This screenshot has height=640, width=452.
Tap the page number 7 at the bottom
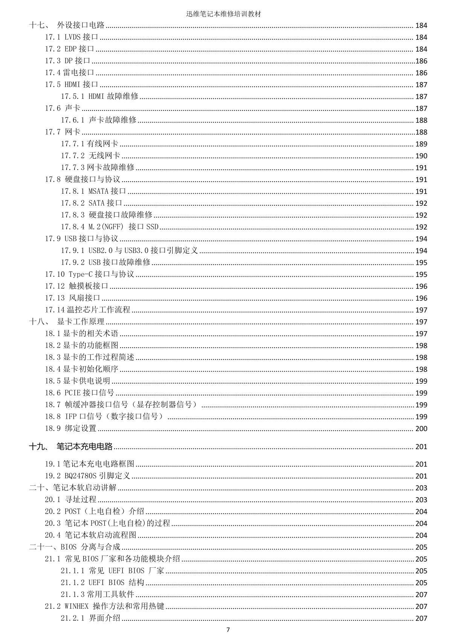[228, 630]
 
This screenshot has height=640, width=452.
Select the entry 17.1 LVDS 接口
[72, 37]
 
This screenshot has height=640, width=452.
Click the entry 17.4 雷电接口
[69, 72]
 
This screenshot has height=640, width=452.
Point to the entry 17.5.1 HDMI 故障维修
[100, 96]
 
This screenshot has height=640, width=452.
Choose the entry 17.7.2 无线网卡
[90, 156]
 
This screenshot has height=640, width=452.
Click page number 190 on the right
[421, 156]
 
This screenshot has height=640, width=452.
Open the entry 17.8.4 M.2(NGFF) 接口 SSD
[110, 227]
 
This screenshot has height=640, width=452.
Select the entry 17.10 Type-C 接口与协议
[90, 274]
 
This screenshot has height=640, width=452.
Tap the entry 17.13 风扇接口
[73, 298]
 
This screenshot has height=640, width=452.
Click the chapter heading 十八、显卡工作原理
[67, 322]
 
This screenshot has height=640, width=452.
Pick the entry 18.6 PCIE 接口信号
[79, 393]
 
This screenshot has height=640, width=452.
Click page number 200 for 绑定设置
[421, 429]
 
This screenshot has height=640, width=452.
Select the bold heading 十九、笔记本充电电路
[71, 447]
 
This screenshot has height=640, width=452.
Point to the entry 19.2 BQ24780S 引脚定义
[87, 476]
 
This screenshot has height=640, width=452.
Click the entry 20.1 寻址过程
[71, 499]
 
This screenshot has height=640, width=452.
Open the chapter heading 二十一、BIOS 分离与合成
[75, 547]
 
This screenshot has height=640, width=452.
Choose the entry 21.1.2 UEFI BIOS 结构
[102, 582]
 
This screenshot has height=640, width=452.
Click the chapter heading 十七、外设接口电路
[67, 25]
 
